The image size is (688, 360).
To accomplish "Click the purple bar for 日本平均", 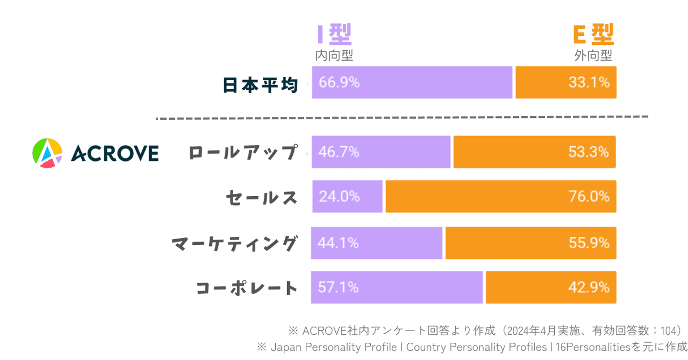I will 412,83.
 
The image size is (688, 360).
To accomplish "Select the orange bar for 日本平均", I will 566,83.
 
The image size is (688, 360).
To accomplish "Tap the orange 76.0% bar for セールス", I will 500,196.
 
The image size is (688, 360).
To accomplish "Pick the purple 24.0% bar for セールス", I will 347,196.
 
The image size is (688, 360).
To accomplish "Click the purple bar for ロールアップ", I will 381,152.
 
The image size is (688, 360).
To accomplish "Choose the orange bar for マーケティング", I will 530,243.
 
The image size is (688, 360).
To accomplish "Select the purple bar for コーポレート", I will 397,287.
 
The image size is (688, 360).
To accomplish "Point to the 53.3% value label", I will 589,152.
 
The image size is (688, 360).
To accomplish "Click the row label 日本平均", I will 260,85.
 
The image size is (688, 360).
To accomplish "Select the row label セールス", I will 262,198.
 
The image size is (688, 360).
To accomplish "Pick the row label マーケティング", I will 234,244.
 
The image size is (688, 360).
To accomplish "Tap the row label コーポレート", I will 247,288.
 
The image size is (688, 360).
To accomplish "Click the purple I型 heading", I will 334,35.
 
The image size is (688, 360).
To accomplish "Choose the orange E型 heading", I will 593,35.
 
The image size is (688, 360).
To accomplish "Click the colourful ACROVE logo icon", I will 47,153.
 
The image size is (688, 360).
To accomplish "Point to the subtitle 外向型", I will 593,56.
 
